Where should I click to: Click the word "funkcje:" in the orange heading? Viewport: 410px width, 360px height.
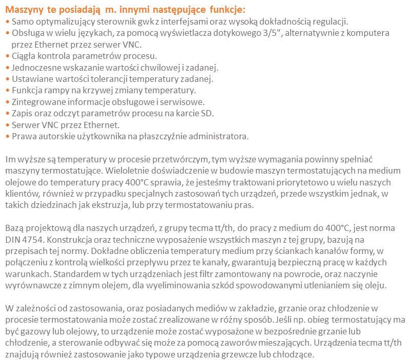coord(223,10)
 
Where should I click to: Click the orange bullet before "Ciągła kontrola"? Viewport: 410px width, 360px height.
coord(7,56)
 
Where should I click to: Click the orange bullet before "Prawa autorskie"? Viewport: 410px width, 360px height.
coord(7,136)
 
